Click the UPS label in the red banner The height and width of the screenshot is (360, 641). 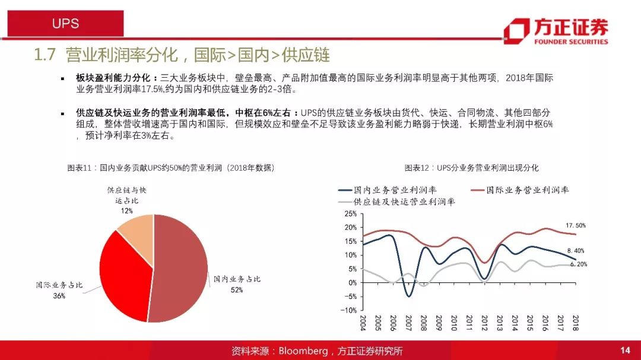coord(65,23)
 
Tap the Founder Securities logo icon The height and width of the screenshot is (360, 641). coord(516,31)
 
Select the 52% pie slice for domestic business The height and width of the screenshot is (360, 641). coord(180,268)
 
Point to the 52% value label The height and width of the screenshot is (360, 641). coord(237,289)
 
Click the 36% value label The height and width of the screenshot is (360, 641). coord(59,296)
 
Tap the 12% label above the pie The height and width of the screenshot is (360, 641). coord(127,211)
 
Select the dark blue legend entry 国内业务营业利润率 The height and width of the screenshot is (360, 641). coord(388,190)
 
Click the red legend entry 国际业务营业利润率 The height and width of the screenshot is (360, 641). coord(519,190)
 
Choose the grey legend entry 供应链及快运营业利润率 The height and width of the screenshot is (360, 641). coord(396,202)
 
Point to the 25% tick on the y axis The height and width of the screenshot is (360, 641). coord(351,214)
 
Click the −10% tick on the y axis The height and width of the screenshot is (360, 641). coord(349,310)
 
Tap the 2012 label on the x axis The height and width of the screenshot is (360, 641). coord(484,323)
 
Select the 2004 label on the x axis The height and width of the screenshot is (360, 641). coord(363,323)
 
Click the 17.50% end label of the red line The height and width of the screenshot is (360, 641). coord(576,225)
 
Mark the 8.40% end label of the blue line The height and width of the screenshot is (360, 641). coord(576,251)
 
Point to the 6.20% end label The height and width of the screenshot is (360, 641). coord(579,265)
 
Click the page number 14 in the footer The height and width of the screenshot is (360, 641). coord(625,350)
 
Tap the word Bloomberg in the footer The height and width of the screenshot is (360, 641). coord(303,351)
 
